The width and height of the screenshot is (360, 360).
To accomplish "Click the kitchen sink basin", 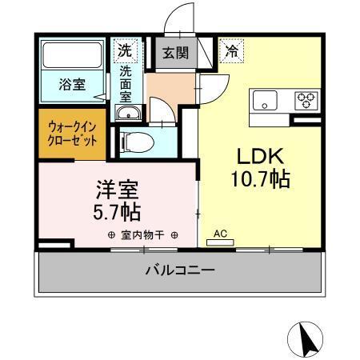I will tap(266, 101).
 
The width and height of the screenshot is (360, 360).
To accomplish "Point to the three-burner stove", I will tap(306, 101).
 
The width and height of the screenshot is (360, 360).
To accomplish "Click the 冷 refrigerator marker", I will tap(231, 50).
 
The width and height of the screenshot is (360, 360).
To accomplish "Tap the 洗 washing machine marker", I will tap(126, 50).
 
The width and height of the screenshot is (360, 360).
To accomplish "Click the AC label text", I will tap(220, 234).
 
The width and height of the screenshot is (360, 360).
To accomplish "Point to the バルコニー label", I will tap(179, 270).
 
